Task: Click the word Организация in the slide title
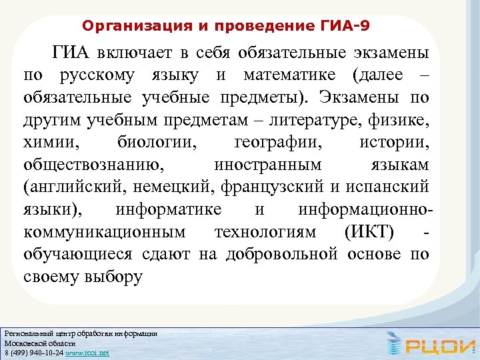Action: pos(123,27)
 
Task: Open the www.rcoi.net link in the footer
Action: pos(87,353)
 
